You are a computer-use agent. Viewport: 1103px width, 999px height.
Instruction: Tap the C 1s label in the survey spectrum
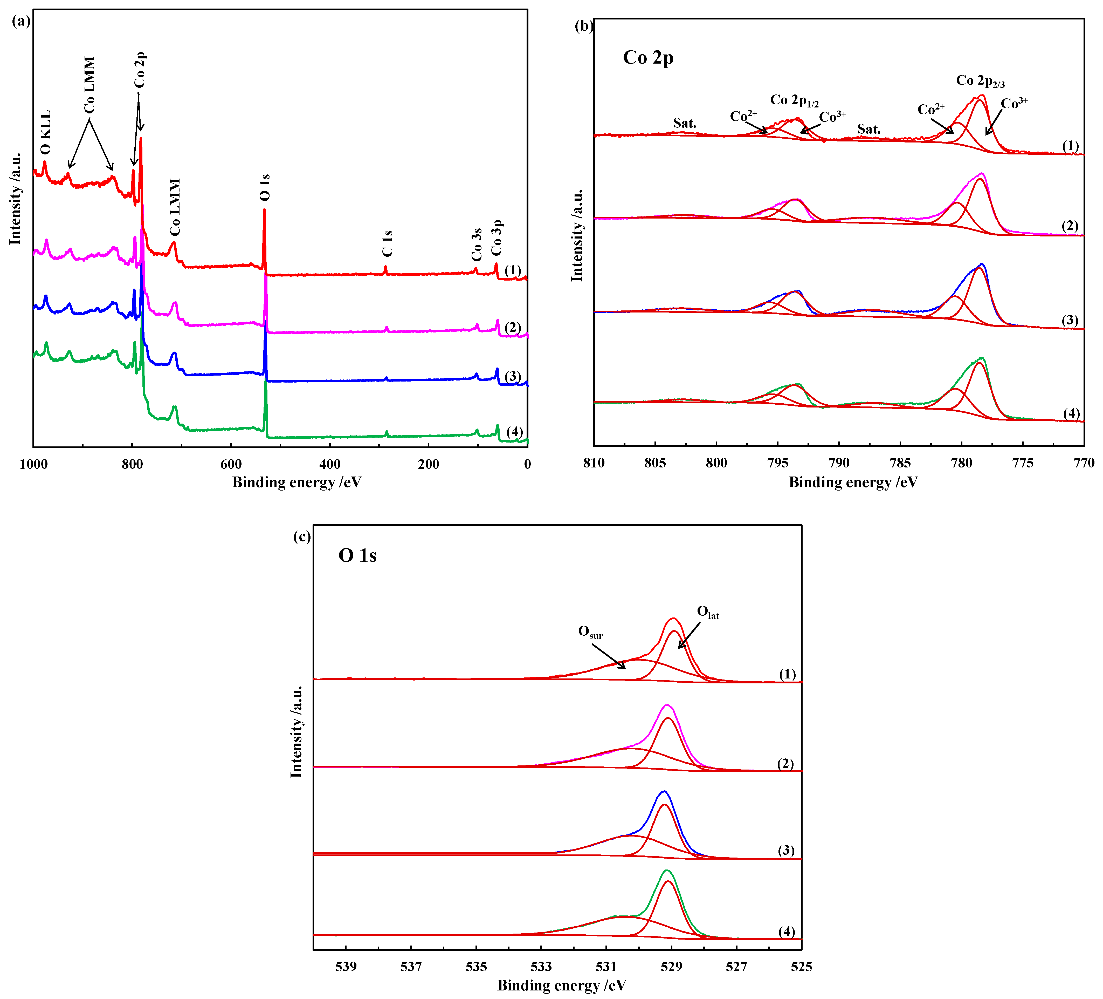[x=387, y=244]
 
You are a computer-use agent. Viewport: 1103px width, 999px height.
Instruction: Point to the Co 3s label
[x=477, y=245]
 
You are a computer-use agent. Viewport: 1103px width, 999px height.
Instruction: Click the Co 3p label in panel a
[x=496, y=237]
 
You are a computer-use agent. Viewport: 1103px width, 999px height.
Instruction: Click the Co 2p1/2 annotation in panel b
[x=794, y=100]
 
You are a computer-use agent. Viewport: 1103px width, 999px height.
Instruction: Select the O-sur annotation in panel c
[x=590, y=632]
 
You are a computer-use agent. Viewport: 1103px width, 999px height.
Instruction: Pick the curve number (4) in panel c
[x=786, y=932]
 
